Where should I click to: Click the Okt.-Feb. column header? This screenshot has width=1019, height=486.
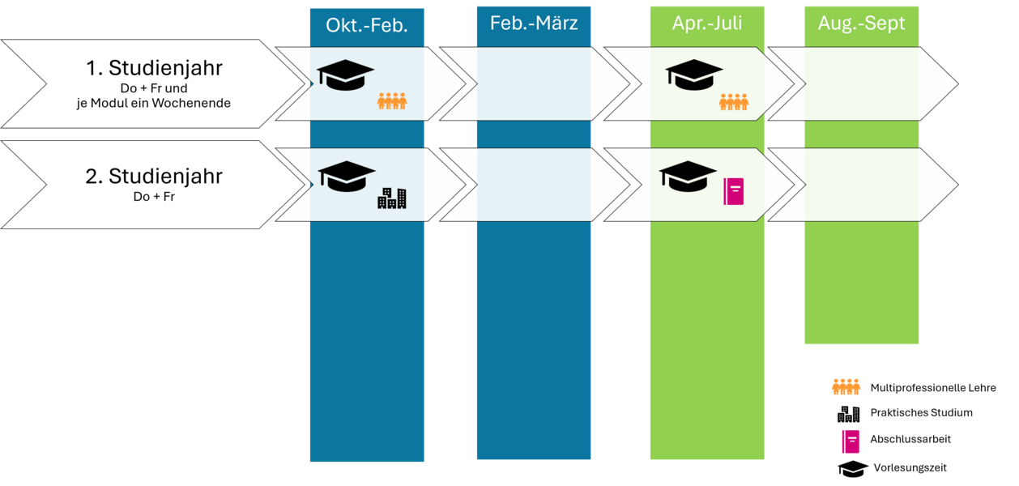coord(366,26)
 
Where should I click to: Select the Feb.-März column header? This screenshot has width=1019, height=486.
coord(534,23)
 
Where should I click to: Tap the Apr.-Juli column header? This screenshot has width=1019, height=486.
coord(707,23)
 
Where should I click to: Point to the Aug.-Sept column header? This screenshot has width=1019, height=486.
coord(862,23)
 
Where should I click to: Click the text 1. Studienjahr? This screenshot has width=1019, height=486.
coord(154,68)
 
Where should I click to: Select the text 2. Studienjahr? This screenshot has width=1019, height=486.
coord(154,176)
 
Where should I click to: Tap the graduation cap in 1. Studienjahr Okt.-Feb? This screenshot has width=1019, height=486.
coord(345,75)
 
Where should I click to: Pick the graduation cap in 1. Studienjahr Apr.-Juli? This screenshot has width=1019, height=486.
coord(694,75)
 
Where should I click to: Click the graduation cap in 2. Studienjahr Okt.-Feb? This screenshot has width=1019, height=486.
coord(347,176)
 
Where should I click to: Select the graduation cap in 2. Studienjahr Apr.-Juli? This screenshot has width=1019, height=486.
coord(688,176)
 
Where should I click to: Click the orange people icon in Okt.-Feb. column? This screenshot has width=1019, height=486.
coord(392,101)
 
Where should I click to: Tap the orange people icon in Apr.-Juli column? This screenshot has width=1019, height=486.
coord(734,102)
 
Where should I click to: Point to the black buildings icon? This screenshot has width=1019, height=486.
coord(392,198)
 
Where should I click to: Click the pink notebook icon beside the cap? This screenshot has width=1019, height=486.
coord(734,191)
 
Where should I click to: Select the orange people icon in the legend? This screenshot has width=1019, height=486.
coord(846,387)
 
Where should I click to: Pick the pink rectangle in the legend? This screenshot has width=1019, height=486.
coord(851,441)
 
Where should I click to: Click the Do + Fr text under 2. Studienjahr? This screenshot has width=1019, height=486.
coord(153,196)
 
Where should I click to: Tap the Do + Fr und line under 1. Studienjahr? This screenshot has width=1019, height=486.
coord(154,87)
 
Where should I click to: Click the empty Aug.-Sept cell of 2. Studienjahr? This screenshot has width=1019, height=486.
coord(862,185)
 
